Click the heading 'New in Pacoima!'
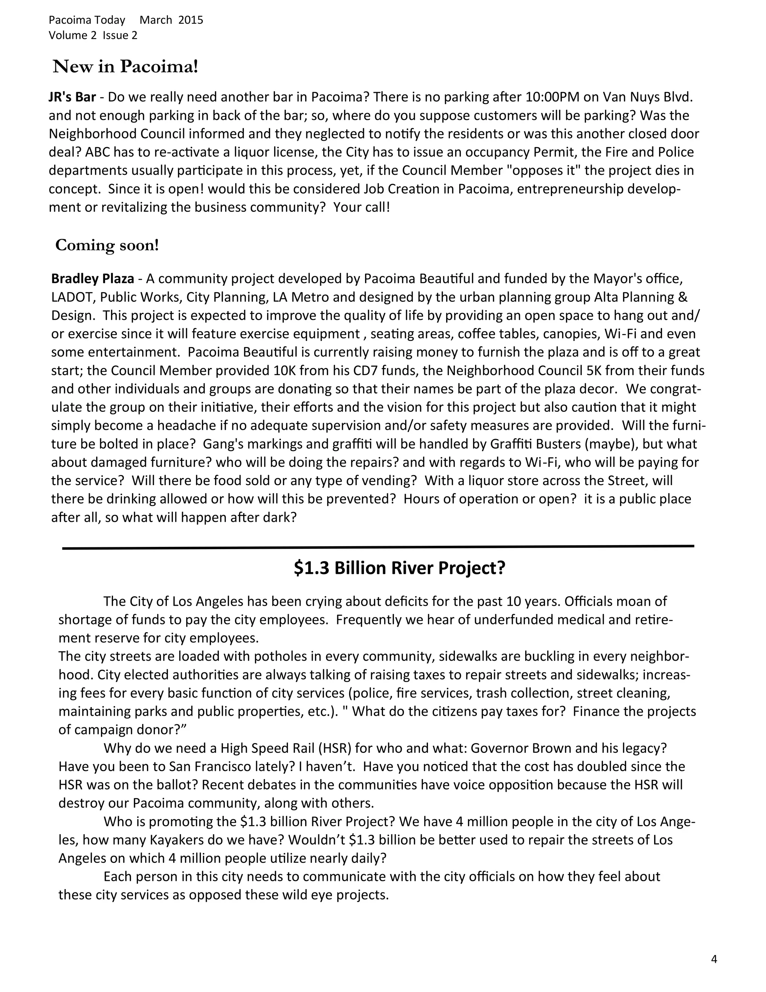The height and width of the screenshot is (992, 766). click(x=126, y=67)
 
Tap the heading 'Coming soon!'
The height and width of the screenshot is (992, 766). click(x=107, y=245)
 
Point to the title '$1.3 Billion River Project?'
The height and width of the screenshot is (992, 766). click(x=399, y=568)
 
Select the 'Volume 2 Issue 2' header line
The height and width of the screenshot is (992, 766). click(x=93, y=36)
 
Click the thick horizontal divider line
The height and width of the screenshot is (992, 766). click(x=378, y=547)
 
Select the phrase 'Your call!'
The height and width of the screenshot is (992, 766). click(x=362, y=208)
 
